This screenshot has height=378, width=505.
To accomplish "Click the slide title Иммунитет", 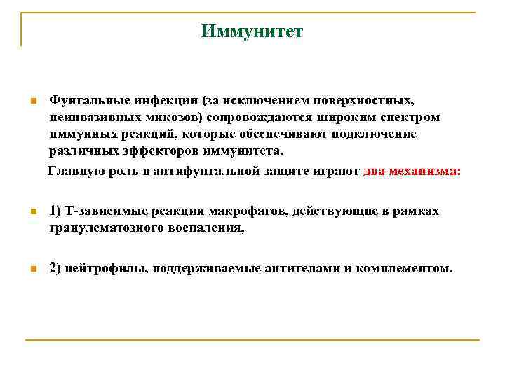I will [x=252, y=31].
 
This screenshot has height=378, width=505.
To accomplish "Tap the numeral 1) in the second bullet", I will [x=56, y=211].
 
